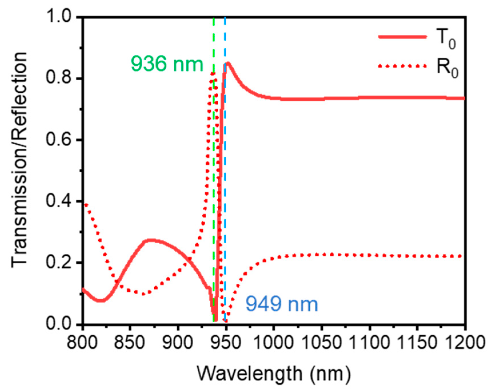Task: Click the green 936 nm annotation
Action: [x=167, y=64]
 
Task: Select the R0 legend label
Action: [x=447, y=69]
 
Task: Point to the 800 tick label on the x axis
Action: [x=82, y=342]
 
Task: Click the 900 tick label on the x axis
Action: [x=178, y=342]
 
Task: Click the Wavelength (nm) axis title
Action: [x=273, y=373]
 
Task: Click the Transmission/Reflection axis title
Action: [x=19, y=160]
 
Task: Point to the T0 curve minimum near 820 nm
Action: [x=101, y=301]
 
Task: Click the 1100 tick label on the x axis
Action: [x=369, y=342]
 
